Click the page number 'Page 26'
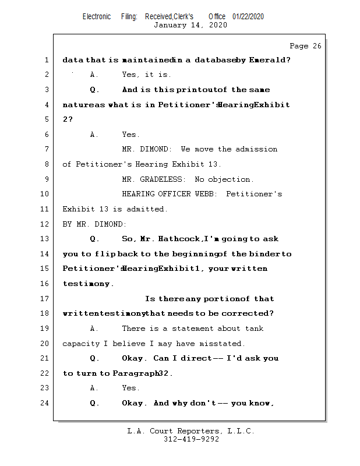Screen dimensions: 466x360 tap(305, 46)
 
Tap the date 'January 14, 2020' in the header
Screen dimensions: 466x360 tap(190, 25)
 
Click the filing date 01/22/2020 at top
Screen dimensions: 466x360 tap(248, 16)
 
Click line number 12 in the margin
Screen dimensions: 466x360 tap(45, 224)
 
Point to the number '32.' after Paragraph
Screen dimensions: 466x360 tap(165, 373)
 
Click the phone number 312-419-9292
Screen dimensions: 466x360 tap(191, 440)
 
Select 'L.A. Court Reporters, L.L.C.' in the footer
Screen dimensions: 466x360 tap(190, 432)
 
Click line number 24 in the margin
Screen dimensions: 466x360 tap(45, 403)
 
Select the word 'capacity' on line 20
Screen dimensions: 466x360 tap(80, 344)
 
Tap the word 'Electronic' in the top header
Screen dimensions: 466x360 tap(97, 16)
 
